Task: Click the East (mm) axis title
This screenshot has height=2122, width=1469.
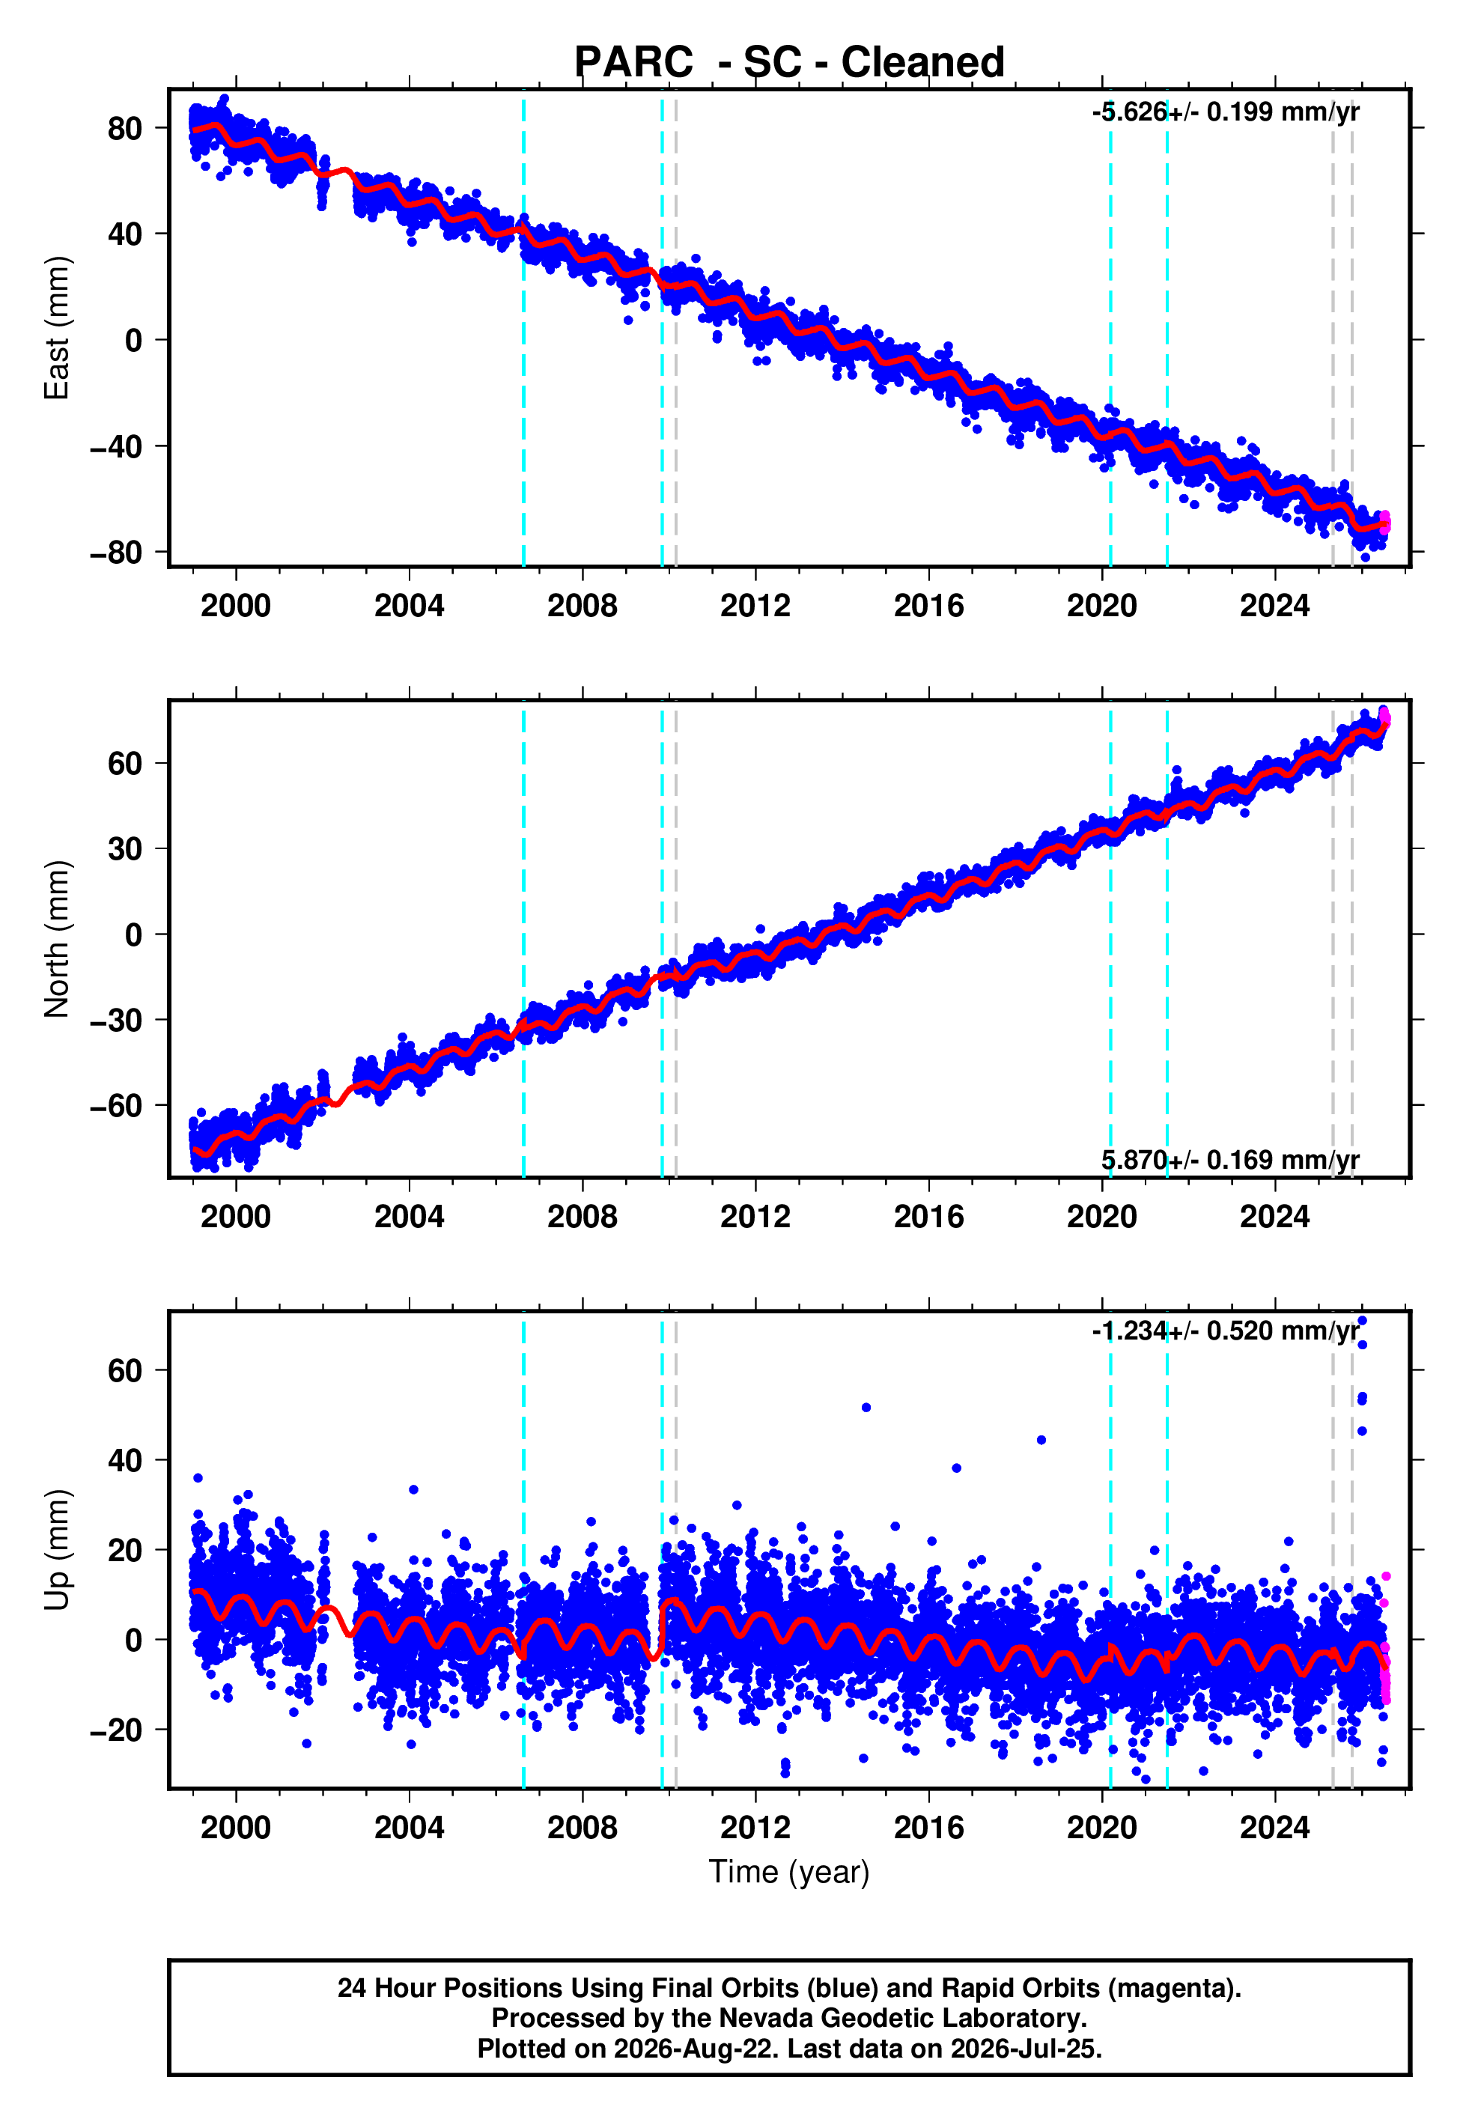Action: [x=57, y=328]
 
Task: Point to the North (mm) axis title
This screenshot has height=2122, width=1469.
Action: [x=57, y=939]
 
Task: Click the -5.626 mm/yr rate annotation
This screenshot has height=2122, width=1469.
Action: [x=1225, y=112]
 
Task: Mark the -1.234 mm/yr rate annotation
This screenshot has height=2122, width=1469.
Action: [x=1225, y=1331]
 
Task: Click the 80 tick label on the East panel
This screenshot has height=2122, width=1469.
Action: [x=125, y=128]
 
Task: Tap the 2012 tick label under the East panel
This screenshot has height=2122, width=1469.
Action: [x=755, y=606]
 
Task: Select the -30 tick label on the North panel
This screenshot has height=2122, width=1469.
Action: [x=116, y=1020]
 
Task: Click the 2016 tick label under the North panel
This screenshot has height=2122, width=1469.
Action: [x=928, y=1217]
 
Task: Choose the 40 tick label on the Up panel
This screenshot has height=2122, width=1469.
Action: [x=125, y=1460]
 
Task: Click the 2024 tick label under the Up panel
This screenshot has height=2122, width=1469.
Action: [x=1275, y=1828]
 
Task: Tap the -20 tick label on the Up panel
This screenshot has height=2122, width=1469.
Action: [x=116, y=1730]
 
